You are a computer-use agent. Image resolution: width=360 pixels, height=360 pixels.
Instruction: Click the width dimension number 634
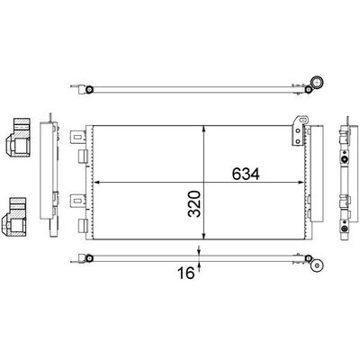(x=246, y=174)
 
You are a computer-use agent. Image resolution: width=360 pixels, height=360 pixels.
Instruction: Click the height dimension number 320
(x=194, y=203)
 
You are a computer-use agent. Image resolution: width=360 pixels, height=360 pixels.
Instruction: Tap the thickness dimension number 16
(x=186, y=273)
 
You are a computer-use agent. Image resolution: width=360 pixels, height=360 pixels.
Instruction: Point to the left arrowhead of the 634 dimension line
(x=96, y=182)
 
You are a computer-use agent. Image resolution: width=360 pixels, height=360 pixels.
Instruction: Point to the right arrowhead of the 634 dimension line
(x=301, y=182)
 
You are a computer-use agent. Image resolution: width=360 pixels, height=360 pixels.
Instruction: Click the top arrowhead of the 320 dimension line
(x=204, y=129)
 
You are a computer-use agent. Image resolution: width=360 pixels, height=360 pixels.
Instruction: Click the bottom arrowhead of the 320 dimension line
(x=204, y=237)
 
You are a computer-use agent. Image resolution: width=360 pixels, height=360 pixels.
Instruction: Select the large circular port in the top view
(x=317, y=82)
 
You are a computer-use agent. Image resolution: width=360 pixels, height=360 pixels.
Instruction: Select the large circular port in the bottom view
(x=317, y=265)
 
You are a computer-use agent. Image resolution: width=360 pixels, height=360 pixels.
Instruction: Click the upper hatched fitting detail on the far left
(x=18, y=138)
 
